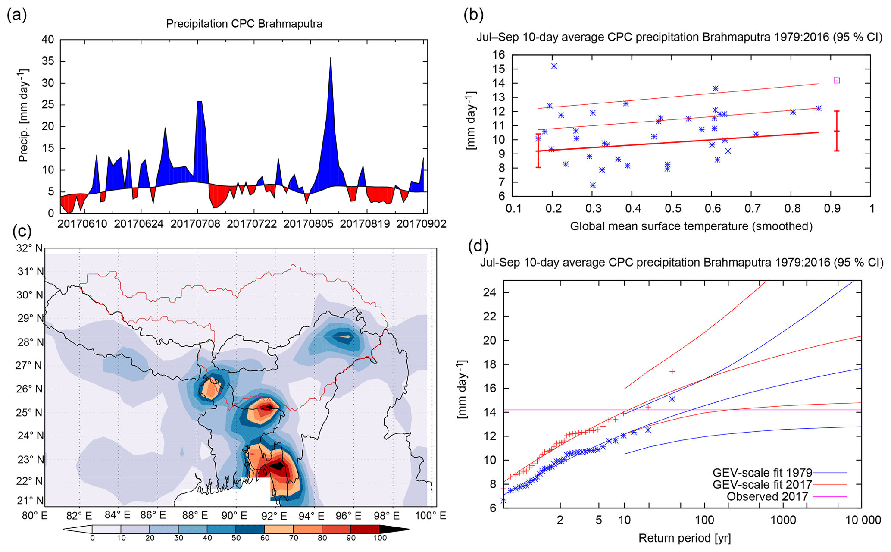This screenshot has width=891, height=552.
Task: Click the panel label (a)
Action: coord(17,16)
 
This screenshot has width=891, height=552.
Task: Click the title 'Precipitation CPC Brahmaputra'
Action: coord(244,24)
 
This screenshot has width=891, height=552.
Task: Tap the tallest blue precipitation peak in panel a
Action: coord(330,59)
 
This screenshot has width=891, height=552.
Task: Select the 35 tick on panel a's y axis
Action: coord(48,61)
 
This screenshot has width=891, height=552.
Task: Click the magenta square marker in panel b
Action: coord(836,80)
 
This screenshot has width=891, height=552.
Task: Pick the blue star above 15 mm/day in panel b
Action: coord(554,66)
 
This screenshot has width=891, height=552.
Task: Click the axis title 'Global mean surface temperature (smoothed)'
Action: coord(691,226)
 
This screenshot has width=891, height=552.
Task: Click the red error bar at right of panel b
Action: coord(836,131)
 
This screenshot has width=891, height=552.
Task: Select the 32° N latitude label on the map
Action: coord(30,248)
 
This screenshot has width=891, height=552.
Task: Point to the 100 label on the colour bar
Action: coord(380,538)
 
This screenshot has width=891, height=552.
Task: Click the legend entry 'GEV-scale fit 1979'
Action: coord(762,473)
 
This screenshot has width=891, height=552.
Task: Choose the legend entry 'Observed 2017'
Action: coord(767,497)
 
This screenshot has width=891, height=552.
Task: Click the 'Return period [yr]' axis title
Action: coord(684,538)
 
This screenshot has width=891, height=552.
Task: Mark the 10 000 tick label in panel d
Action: coord(863,520)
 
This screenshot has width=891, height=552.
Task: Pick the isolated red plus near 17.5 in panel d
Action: coord(672,371)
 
